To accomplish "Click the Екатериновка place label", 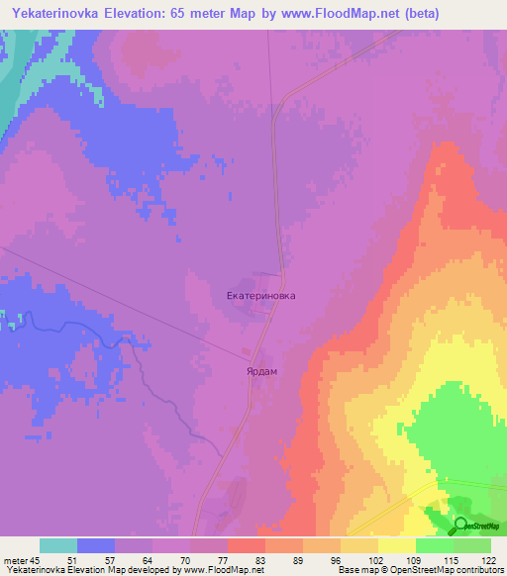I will (261, 295).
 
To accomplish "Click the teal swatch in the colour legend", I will (58, 545).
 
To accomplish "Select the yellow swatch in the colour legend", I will (397, 545).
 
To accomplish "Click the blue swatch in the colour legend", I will (96, 545).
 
